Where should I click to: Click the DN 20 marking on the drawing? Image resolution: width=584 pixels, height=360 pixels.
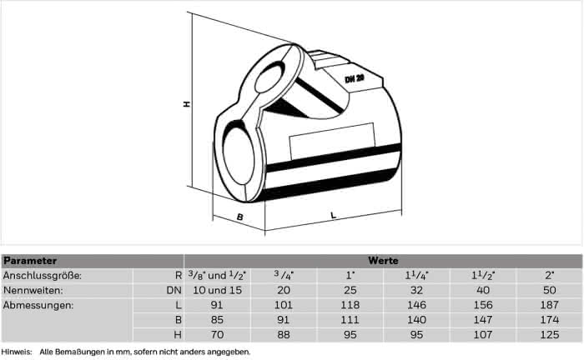click(x=355, y=78)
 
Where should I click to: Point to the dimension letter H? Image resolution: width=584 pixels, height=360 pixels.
click(x=187, y=104)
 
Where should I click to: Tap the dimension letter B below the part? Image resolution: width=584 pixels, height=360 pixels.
click(x=240, y=217)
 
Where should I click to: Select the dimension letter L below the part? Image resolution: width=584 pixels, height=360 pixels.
click(x=334, y=215)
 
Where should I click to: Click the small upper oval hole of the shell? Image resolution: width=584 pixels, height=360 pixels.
click(x=269, y=77)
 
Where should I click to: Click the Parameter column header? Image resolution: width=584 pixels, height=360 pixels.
click(x=30, y=261)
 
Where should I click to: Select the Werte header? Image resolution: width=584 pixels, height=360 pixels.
click(x=383, y=261)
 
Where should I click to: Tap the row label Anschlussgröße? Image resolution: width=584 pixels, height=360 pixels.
click(x=42, y=276)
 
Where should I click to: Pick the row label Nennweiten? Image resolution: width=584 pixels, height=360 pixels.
click(x=33, y=290)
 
